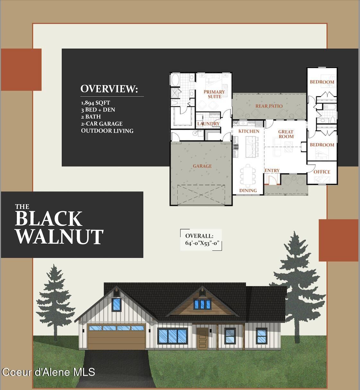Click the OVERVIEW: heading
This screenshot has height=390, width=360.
click(109, 89)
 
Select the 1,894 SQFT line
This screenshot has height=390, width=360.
click(95, 103)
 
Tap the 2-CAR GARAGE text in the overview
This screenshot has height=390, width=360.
click(102, 123)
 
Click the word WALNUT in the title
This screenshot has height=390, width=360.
click(59, 237)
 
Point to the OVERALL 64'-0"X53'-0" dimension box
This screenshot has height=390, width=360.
click(201, 240)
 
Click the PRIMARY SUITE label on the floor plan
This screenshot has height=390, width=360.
click(214, 94)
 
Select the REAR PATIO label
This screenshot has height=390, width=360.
click(269, 106)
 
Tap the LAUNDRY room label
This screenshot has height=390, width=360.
click(208, 124)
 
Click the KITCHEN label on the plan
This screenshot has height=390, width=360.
click(249, 131)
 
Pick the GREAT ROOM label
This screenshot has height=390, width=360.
click(286, 134)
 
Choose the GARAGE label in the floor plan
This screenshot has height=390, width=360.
click(202, 166)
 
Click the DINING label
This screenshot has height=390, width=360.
click(248, 191)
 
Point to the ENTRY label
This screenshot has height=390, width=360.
click(272, 170)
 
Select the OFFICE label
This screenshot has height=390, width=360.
click(321, 172)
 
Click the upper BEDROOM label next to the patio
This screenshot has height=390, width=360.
click(322, 82)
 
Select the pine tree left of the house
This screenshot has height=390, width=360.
click(55, 301)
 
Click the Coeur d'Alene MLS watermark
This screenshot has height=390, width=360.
click(48, 372)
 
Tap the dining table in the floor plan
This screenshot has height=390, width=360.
click(248, 175)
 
